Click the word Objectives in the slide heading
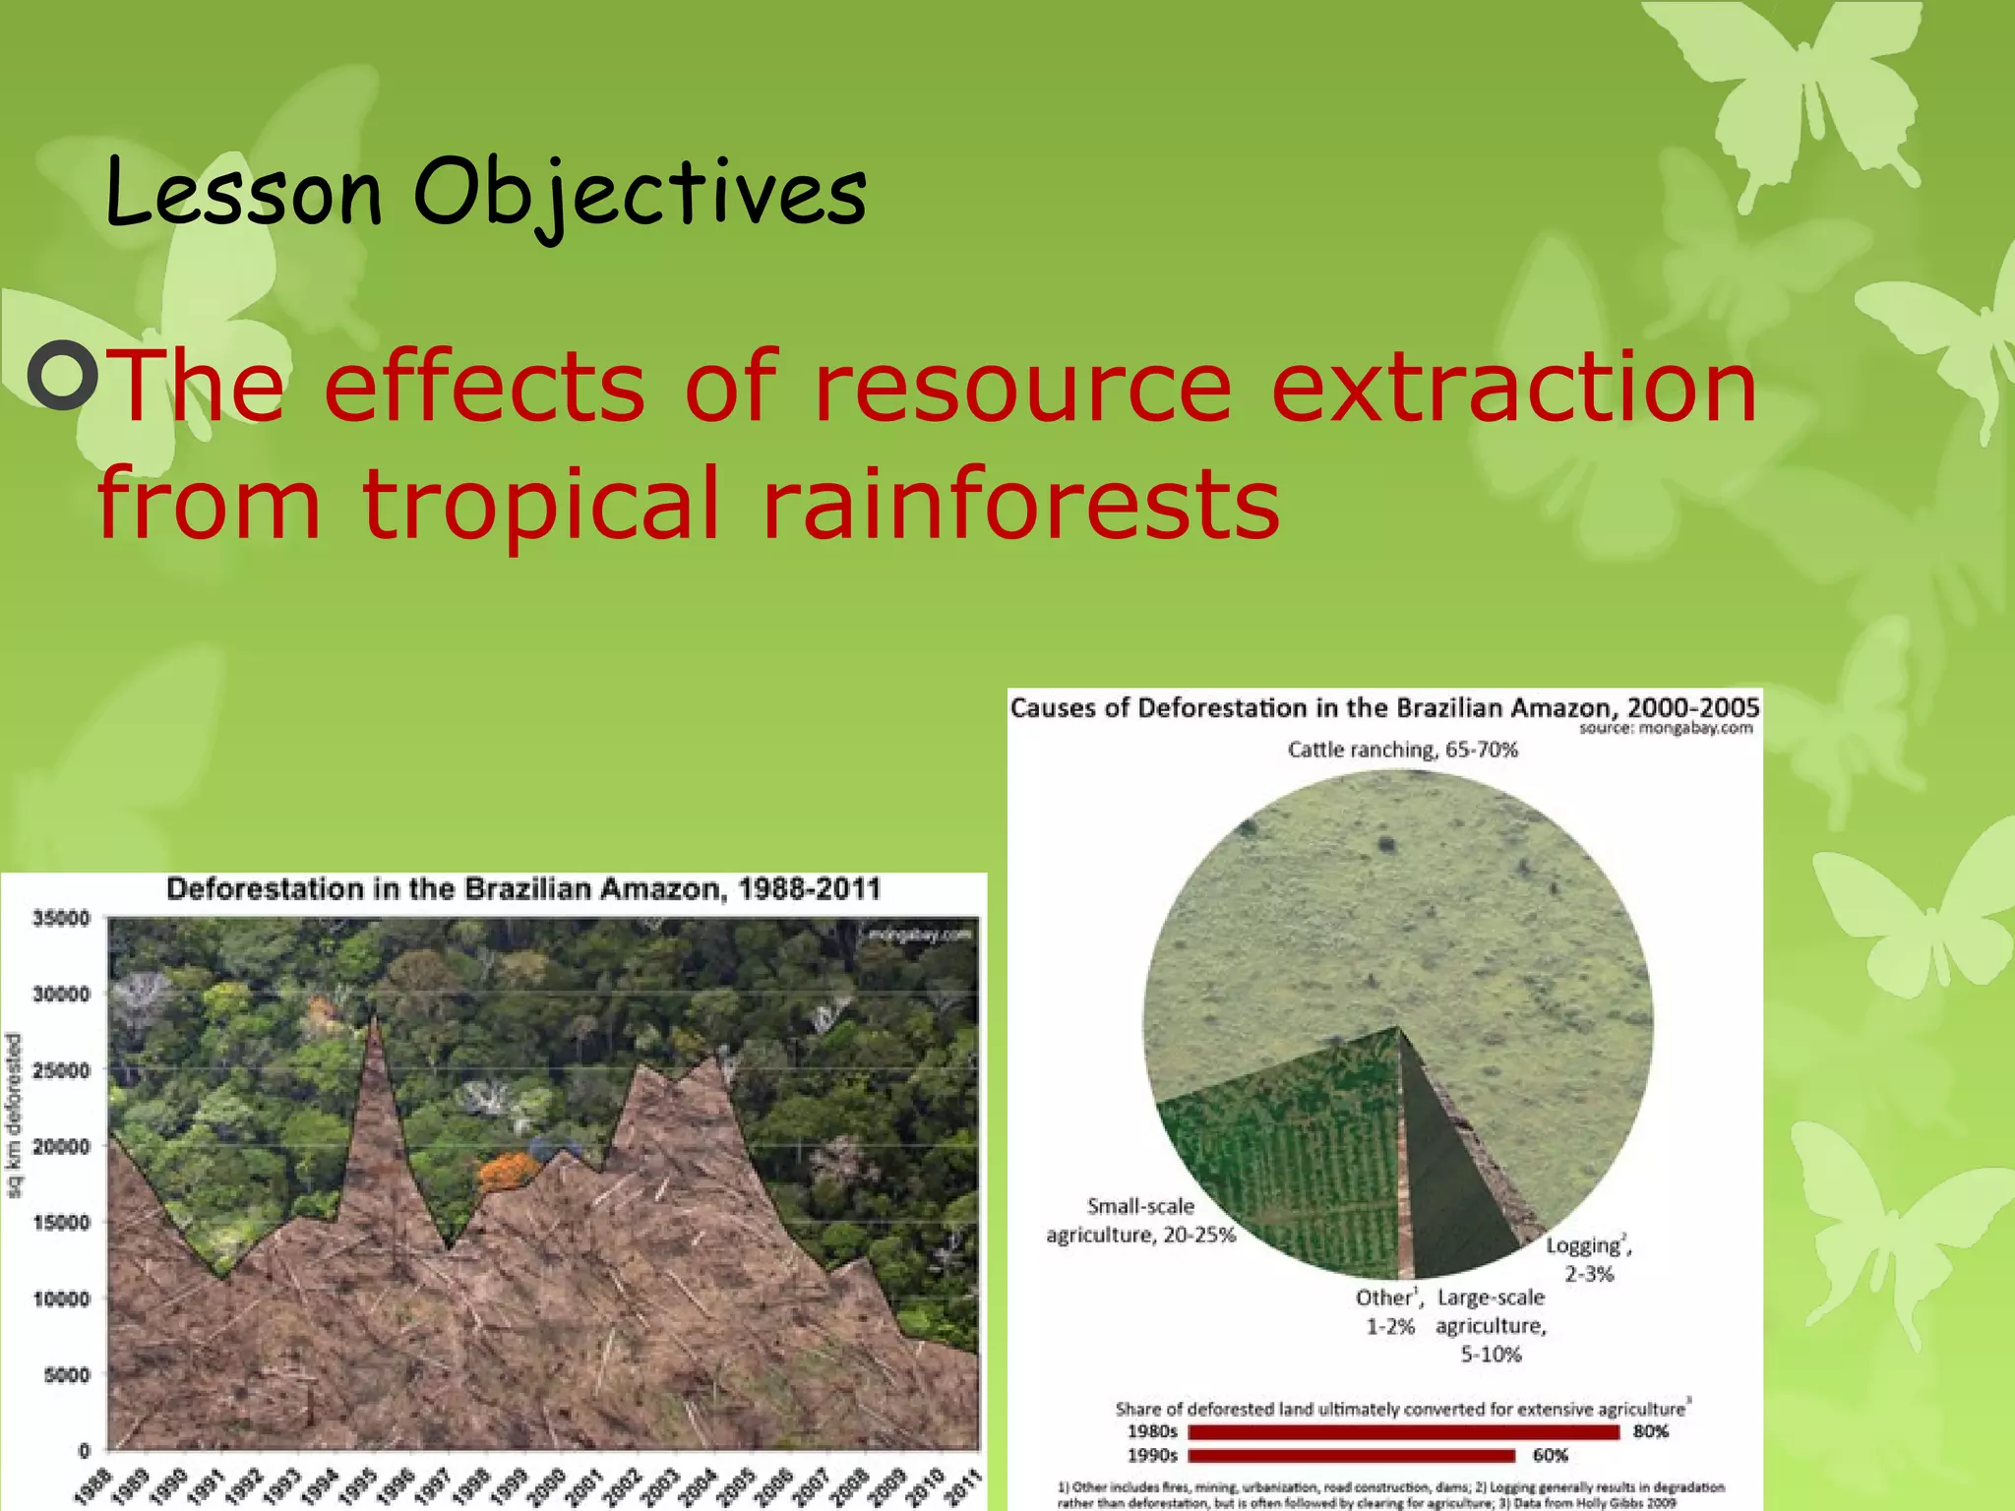(640, 192)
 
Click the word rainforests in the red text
(1020, 504)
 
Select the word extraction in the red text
(1513, 387)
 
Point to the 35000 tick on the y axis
(61, 918)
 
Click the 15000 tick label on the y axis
(61, 1222)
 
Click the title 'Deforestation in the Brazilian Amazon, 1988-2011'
(523, 889)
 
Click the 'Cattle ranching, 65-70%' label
(1402, 751)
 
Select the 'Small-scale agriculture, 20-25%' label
(1140, 1221)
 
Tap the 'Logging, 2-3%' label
(1589, 1259)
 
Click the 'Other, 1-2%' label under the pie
(1389, 1312)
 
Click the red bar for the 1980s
(1402, 1432)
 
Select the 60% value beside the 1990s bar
(1550, 1456)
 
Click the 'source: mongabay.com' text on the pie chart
(1666, 729)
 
